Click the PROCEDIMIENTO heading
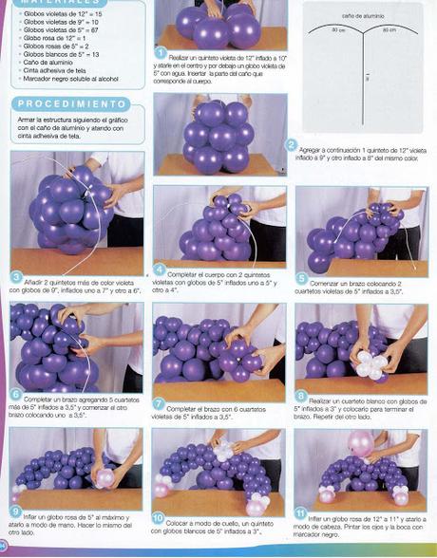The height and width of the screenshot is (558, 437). pyautogui.click(x=71, y=103)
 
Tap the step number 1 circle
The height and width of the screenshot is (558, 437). pyautogui.click(x=161, y=54)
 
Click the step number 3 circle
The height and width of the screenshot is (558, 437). pyautogui.click(x=16, y=277)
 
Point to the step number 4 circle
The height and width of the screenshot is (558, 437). pyautogui.click(x=160, y=270)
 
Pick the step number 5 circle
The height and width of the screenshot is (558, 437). pyautogui.click(x=302, y=279)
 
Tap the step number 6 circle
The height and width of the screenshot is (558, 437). pyautogui.click(x=16, y=393)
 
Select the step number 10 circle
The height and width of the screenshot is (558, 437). pyautogui.click(x=160, y=519)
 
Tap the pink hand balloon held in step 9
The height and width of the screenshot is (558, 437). pyautogui.click(x=105, y=477)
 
